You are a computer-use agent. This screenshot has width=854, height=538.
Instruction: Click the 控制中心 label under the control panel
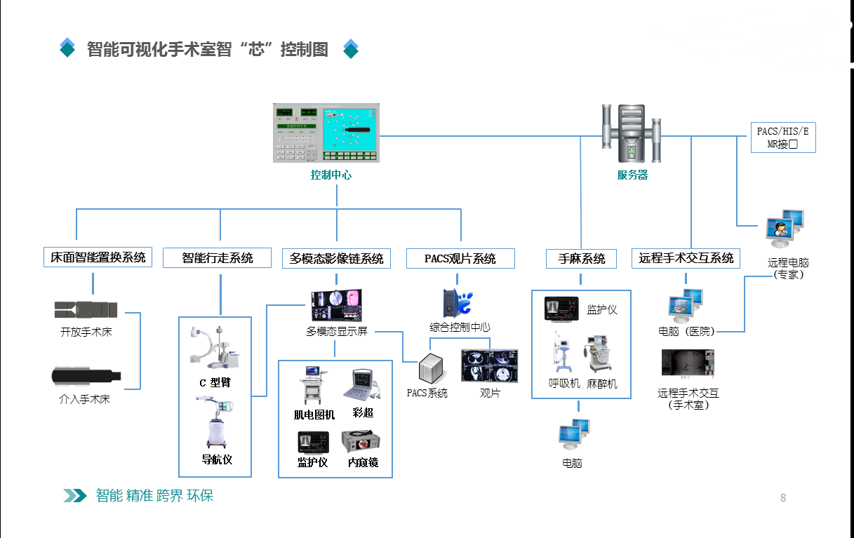(331, 175)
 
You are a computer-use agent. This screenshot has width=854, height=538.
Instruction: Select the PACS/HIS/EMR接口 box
(783, 137)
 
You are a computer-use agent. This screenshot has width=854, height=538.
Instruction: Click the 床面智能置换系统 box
(98, 257)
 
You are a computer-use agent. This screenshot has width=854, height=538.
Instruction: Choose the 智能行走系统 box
(218, 258)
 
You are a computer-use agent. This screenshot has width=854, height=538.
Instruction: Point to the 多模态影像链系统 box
(337, 258)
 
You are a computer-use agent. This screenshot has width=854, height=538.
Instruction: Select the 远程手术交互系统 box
(686, 258)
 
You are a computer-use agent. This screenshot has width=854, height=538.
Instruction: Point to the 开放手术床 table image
(86, 309)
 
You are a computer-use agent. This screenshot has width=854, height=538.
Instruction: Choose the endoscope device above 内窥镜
(363, 442)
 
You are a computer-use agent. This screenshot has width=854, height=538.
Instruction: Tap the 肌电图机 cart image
(314, 385)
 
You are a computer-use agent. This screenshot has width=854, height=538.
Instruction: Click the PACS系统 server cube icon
(432, 368)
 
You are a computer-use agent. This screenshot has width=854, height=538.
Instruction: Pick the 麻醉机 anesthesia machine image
(600, 354)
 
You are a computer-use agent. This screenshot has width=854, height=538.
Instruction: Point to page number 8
(783, 498)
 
